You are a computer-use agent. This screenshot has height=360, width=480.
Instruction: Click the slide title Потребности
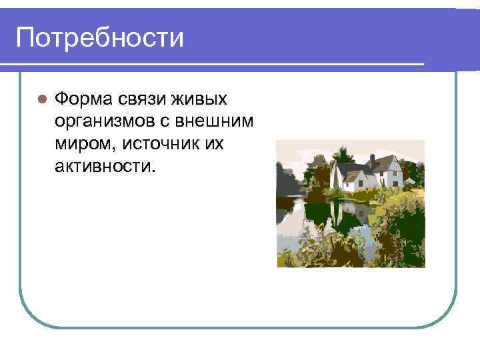tap(99, 37)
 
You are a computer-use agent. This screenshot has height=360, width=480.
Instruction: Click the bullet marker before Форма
tap(41, 99)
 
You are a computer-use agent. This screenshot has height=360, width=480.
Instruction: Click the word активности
tap(104, 165)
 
